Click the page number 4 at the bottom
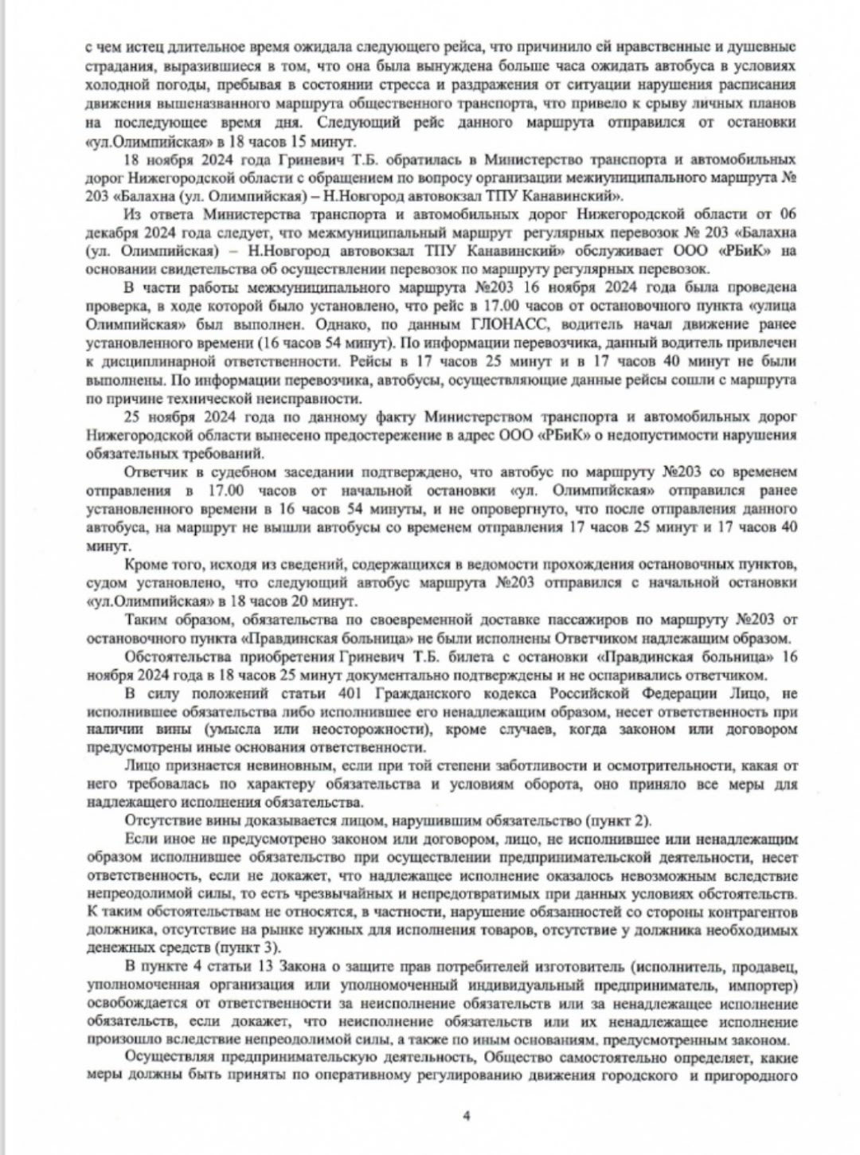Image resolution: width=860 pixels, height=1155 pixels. (466, 1115)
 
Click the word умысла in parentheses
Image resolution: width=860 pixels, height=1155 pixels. (251, 729)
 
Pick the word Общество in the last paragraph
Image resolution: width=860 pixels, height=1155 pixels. (518, 1058)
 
